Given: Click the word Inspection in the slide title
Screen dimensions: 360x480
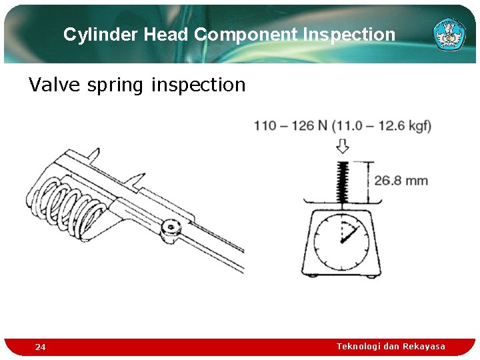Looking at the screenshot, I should pyautogui.click(x=349, y=35).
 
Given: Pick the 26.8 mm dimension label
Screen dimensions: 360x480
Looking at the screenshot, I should pyautogui.click(x=401, y=181).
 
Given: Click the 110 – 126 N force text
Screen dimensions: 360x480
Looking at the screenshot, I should pyautogui.click(x=291, y=126).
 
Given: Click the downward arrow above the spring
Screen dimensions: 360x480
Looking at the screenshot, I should pyautogui.click(x=342, y=146).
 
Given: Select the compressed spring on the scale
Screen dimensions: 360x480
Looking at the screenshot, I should pyautogui.click(x=342, y=181).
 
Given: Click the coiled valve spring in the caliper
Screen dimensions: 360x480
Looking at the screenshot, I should pyautogui.click(x=63, y=203).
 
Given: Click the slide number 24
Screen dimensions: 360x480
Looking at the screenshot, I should pyautogui.click(x=41, y=347).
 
